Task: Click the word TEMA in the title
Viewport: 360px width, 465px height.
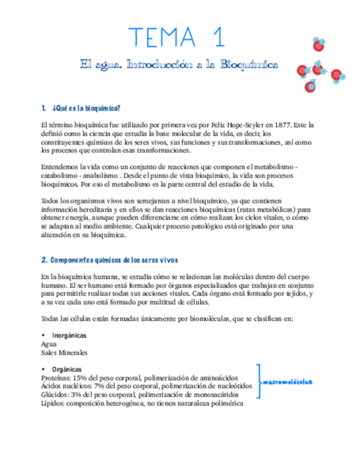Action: click(x=162, y=37)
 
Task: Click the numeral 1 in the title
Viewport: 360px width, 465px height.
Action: click(x=217, y=37)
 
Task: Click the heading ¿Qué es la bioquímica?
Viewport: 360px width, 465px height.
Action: click(x=86, y=107)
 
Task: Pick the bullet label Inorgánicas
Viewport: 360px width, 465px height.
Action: click(x=69, y=336)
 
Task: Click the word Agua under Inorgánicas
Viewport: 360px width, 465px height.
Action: click(x=49, y=344)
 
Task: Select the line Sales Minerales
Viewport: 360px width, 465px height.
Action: click(x=64, y=353)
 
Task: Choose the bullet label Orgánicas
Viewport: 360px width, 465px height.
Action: click(x=67, y=370)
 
